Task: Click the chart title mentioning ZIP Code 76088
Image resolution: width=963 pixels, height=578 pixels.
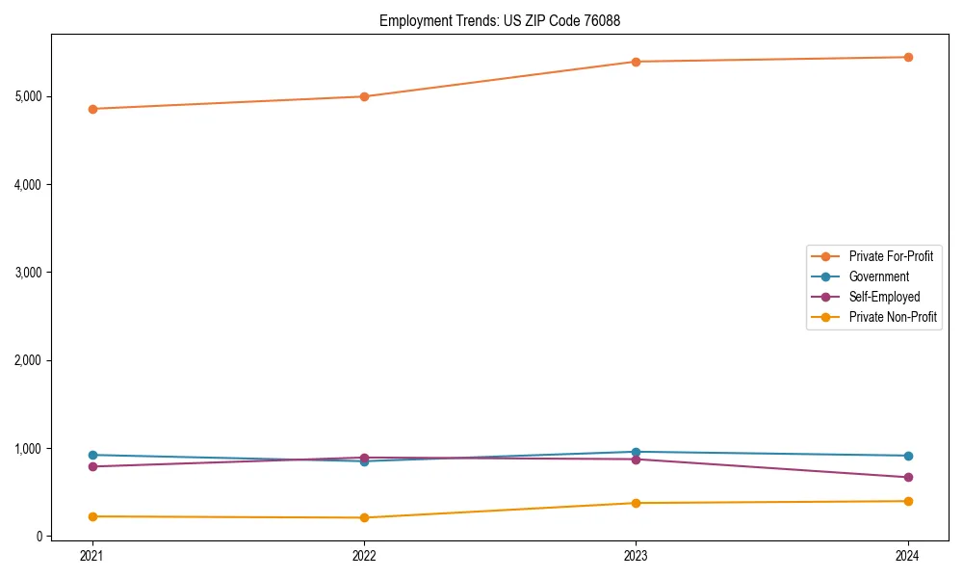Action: [x=507, y=20]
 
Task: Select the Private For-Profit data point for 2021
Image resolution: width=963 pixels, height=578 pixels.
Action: [x=92, y=109]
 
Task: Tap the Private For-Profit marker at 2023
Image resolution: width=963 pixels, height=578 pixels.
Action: [x=636, y=62]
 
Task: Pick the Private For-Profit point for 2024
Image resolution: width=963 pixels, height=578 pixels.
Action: [x=908, y=57]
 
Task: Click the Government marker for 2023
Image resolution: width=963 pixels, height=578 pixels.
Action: [x=636, y=452]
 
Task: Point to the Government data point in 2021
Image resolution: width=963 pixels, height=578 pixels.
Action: [x=92, y=455]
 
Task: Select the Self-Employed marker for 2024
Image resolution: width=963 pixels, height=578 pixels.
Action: [x=908, y=477]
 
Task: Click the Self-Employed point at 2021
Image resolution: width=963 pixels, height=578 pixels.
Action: [x=92, y=466]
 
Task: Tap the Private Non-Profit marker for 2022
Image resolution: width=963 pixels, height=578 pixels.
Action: [x=364, y=517]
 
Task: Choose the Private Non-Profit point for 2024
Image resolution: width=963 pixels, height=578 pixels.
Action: [x=908, y=501]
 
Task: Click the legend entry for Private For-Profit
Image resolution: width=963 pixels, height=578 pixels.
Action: [x=890, y=256]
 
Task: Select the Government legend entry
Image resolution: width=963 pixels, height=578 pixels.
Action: [x=878, y=276]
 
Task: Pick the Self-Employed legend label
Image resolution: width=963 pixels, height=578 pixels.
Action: [x=884, y=297]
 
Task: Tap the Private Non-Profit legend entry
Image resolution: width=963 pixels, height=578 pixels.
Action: [x=893, y=317]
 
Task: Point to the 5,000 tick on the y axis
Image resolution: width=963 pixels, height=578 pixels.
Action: [x=28, y=96]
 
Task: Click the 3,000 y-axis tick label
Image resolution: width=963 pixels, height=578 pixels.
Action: [x=28, y=273]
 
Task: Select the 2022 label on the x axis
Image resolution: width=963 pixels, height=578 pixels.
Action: [x=364, y=556]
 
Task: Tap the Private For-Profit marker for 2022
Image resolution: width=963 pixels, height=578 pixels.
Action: [x=364, y=96]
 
